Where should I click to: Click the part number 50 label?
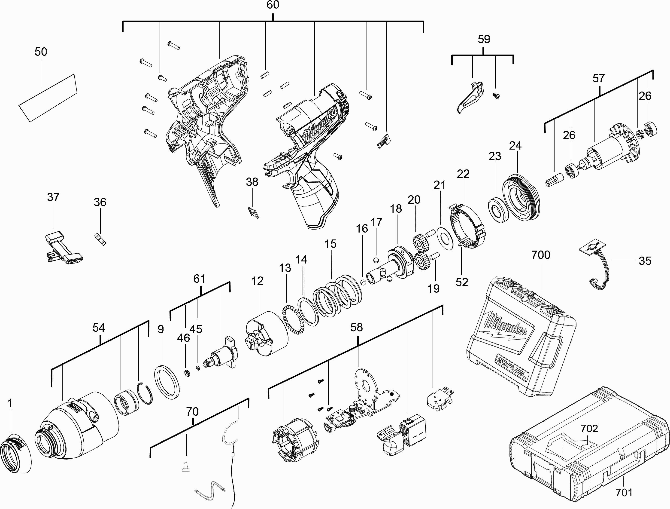(x=41, y=52)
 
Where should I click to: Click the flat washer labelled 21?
(x=445, y=239)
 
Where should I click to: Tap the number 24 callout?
(x=515, y=146)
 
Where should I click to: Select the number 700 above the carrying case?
(x=541, y=255)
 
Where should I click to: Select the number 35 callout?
(x=645, y=261)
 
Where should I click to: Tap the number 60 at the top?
(x=273, y=5)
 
